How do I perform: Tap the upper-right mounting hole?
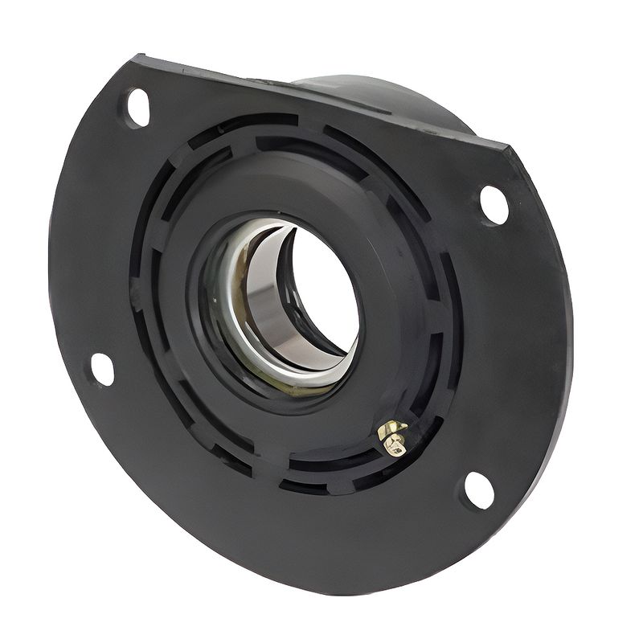coord(494,204)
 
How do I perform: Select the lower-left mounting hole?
coord(102,369)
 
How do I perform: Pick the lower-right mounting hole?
coord(479,489)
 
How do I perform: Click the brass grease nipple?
coord(393,436)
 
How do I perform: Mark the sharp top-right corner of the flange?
coord(509,145)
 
